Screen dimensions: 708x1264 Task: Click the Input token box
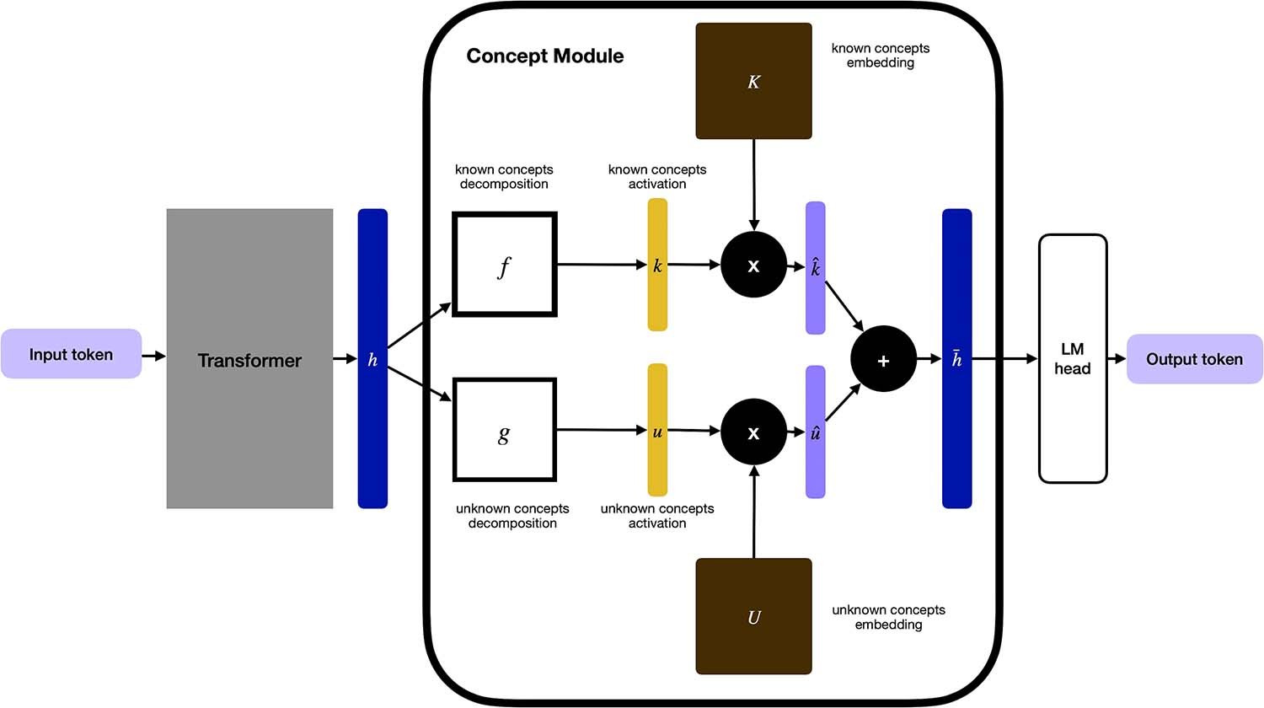pyautogui.click(x=71, y=354)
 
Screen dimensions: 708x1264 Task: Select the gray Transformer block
pyautogui.click(x=249, y=359)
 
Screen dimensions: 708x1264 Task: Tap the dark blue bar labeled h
pyautogui.click(x=372, y=359)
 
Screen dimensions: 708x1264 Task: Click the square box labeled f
pyautogui.click(x=504, y=265)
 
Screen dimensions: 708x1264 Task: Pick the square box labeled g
pyautogui.click(x=504, y=430)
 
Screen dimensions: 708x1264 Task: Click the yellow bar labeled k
pyautogui.click(x=657, y=265)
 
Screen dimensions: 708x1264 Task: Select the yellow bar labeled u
pyautogui.click(x=657, y=430)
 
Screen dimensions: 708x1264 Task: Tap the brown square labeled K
pyautogui.click(x=753, y=81)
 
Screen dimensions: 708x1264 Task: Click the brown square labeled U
pyautogui.click(x=753, y=616)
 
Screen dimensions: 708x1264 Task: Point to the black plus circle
pyautogui.click(x=883, y=360)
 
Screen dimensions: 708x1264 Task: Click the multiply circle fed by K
pyautogui.click(x=753, y=265)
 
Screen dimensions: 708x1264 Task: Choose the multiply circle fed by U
pyautogui.click(x=753, y=432)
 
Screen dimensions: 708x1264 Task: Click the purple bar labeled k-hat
pyautogui.click(x=815, y=268)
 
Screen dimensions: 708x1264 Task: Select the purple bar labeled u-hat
pyautogui.click(x=815, y=432)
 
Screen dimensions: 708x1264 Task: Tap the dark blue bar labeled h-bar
pyautogui.click(x=956, y=359)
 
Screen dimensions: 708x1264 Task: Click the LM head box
pyautogui.click(x=1072, y=358)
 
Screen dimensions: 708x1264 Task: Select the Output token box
pyautogui.click(x=1194, y=359)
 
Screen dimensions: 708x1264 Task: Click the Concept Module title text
pyautogui.click(x=544, y=56)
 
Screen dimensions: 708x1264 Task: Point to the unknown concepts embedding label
pyautogui.click(x=888, y=617)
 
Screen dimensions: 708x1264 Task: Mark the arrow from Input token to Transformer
pyautogui.click(x=153, y=357)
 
